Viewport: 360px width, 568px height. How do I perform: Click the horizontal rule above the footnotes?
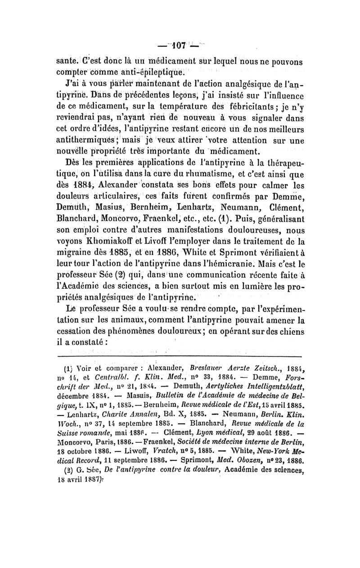point(180,356)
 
